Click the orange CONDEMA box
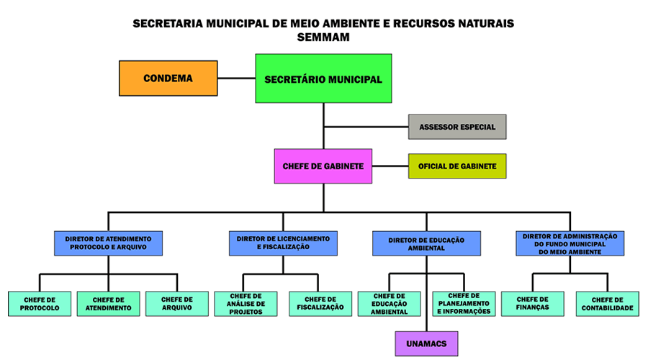[168, 78]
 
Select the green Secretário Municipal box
[323, 78]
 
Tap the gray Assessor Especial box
[457, 127]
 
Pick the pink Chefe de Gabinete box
[323, 166]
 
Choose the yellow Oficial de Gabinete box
[457, 166]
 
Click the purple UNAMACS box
[426, 343]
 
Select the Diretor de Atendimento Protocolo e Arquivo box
[108, 243]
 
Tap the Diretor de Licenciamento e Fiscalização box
[283, 243]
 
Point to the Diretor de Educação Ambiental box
[426, 243]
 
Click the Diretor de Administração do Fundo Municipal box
[570, 243]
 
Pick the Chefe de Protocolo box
[40, 304]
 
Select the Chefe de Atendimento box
[108, 304]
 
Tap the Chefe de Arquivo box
[177, 304]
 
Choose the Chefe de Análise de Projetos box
[246, 304]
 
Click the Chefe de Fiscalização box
[320, 304]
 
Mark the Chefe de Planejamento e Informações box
[464, 304]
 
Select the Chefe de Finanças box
[532, 304]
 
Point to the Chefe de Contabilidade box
[607, 304]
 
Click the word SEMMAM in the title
[323, 37]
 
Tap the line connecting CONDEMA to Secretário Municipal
[236, 78]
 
